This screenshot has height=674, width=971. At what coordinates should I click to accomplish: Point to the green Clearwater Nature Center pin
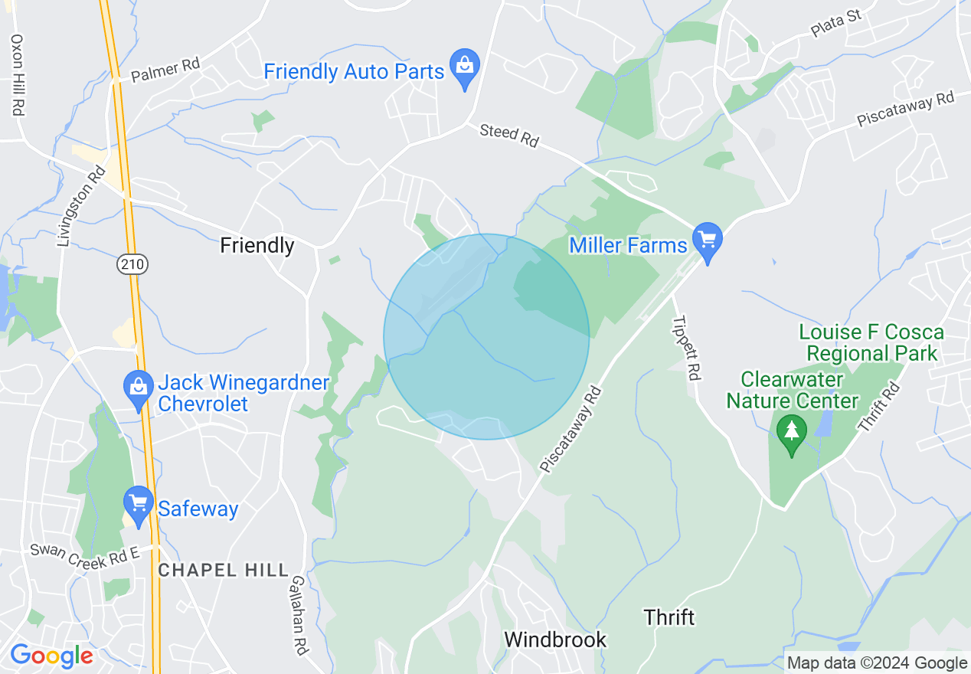pos(791,434)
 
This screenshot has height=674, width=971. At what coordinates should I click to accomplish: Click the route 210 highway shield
pos(132,264)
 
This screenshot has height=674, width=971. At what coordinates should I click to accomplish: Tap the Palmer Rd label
pos(165,70)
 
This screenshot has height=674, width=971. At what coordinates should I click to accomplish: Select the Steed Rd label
pos(509,135)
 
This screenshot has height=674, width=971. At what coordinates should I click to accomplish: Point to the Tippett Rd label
pos(686,348)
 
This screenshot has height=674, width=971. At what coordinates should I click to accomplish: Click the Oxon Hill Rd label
pos(17,75)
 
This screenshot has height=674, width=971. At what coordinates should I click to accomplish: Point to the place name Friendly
pos(257,245)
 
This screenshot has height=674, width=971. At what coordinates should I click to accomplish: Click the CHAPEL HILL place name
pos(223,570)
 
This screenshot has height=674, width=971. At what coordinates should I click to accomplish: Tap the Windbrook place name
pos(555,640)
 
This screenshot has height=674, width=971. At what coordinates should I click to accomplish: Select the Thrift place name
pos(669,617)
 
